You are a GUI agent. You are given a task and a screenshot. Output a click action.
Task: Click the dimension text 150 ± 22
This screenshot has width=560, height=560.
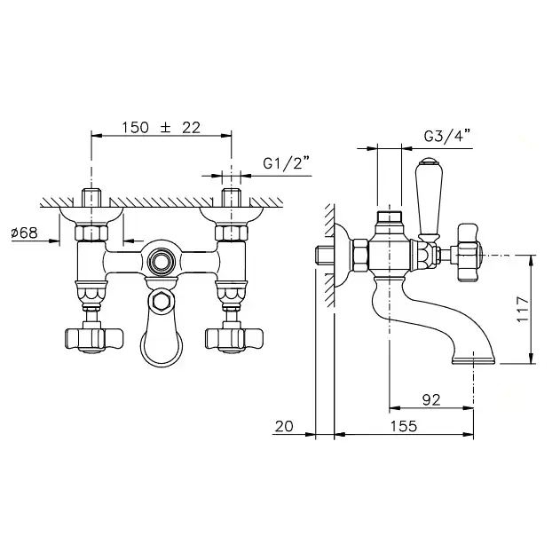coord(162,128)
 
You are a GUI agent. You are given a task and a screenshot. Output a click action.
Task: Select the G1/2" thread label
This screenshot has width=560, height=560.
coord(286,163)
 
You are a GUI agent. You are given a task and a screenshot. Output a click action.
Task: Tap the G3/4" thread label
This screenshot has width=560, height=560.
coord(447,137)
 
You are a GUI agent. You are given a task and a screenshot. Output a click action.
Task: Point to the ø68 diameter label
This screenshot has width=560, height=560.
coord(24,233)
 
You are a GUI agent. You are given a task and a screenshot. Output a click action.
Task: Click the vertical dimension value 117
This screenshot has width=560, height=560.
coord(523,309)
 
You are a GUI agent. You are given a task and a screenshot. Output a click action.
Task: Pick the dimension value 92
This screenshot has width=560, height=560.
coord(431,400)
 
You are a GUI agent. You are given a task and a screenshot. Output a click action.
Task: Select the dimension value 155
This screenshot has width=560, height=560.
coord(404,426)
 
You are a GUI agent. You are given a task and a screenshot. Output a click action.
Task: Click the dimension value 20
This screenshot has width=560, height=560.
coord(284,426)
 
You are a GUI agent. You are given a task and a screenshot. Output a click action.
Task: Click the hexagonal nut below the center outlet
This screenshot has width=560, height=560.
coord(162,302)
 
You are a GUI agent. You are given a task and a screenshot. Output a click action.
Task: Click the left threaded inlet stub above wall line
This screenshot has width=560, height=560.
coord(91,198)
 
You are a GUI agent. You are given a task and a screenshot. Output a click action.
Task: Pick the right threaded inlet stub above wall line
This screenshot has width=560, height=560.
coord(232,198)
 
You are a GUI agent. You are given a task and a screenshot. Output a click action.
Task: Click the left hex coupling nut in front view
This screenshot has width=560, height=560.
coord(91,233)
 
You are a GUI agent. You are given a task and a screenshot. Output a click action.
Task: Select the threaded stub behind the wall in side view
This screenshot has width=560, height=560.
coord(325,255)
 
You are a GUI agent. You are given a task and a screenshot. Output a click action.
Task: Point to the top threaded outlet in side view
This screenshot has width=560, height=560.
coord(390,217)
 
